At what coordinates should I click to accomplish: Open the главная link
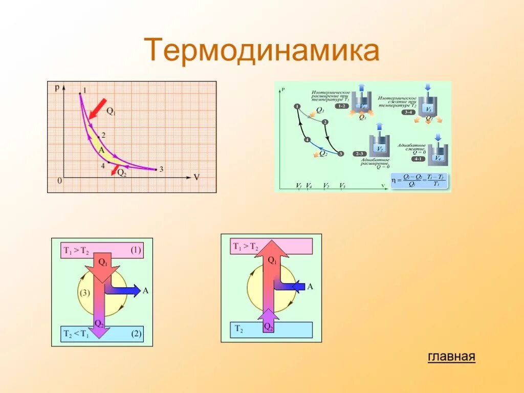point(451,357)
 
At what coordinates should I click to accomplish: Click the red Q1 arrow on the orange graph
point(98,108)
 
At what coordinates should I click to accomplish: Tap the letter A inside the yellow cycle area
point(101,150)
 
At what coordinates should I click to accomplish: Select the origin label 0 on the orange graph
point(59,180)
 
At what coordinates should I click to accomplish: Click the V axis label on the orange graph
point(196,177)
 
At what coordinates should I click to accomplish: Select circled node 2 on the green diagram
point(324,121)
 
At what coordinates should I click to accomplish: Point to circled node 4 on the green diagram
point(307,139)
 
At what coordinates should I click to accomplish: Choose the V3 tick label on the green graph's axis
point(342,186)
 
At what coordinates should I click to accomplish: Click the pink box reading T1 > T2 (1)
point(102,251)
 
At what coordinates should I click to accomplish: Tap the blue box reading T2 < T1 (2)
point(102,334)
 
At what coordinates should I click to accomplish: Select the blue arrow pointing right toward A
point(123,290)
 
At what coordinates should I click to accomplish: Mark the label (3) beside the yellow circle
point(84,293)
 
